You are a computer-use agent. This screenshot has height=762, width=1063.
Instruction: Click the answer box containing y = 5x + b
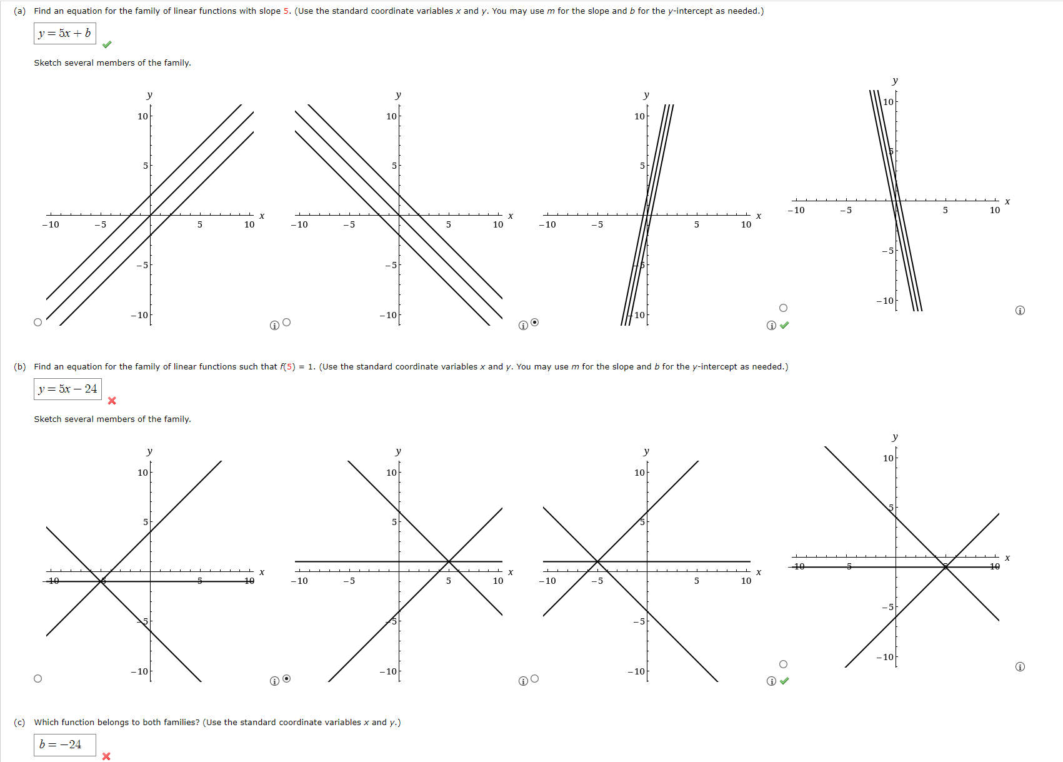(64, 33)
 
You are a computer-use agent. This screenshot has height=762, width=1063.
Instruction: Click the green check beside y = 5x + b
(107, 44)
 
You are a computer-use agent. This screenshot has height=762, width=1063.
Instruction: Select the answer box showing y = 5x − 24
(67, 389)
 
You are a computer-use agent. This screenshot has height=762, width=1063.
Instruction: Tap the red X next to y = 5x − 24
(112, 401)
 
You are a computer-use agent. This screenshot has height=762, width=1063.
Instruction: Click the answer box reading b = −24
(64, 744)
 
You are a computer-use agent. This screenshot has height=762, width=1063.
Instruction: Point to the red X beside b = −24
(106, 756)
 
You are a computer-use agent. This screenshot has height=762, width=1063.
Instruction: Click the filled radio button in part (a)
(534, 323)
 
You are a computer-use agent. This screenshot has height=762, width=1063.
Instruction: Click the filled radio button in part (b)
(286, 678)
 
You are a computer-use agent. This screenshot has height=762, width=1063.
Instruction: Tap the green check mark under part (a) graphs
(784, 325)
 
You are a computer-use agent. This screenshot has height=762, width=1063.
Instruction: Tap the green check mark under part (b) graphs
(784, 681)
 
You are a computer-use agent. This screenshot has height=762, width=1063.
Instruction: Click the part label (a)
(19, 11)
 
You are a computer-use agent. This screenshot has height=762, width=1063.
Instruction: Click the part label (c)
(19, 723)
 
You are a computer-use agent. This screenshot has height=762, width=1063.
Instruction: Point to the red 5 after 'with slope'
(286, 11)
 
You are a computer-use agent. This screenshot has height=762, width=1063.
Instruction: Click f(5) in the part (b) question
(287, 367)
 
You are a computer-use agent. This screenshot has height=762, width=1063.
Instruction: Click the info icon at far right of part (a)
(1020, 311)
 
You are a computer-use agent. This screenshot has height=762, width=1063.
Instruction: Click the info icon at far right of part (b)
(1020, 667)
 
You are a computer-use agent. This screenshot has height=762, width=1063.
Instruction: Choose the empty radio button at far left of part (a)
(37, 323)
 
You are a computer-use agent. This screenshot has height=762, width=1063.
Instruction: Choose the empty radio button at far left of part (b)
(37, 679)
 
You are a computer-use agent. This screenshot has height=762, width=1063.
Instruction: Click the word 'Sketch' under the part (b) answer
(47, 419)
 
